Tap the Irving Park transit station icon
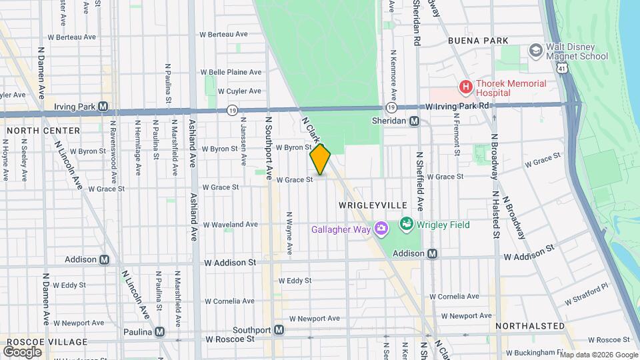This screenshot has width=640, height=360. point(103,106)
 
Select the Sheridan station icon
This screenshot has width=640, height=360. point(414,121)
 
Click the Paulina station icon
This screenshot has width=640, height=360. point(159,331)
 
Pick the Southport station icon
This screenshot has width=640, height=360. point(279,330)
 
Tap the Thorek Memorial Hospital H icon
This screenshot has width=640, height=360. point(465,87)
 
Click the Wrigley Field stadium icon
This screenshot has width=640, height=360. point(405,224)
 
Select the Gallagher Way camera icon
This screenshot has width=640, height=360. point(381,229)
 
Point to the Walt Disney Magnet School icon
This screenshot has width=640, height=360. point(535,51)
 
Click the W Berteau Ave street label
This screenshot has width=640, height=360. point(223,34)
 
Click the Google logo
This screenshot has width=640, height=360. point(22,351)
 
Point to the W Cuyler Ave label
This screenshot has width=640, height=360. point(226,91)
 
